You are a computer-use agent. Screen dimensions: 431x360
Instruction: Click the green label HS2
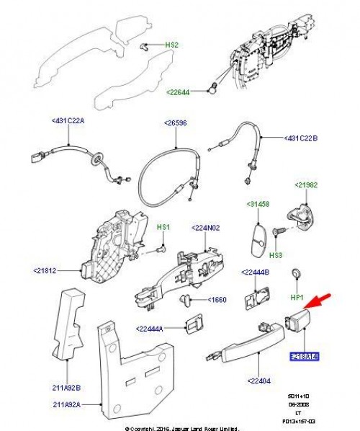click(171, 45)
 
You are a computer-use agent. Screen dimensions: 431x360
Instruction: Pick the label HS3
click(275, 254)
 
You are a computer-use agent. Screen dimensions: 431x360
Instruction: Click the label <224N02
click(206, 228)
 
